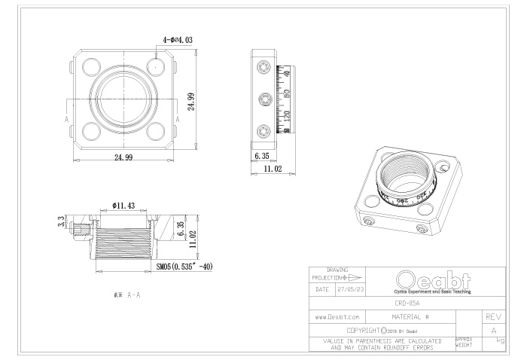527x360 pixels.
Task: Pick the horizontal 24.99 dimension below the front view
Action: (x=124, y=157)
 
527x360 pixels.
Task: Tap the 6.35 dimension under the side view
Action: (x=262, y=156)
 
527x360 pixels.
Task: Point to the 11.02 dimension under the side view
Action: (x=272, y=169)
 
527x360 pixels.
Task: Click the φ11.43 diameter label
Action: (x=123, y=205)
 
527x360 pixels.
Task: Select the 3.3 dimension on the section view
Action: (x=62, y=222)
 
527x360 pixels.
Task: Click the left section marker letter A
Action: (x=67, y=120)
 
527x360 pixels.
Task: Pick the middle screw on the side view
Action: (x=262, y=99)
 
